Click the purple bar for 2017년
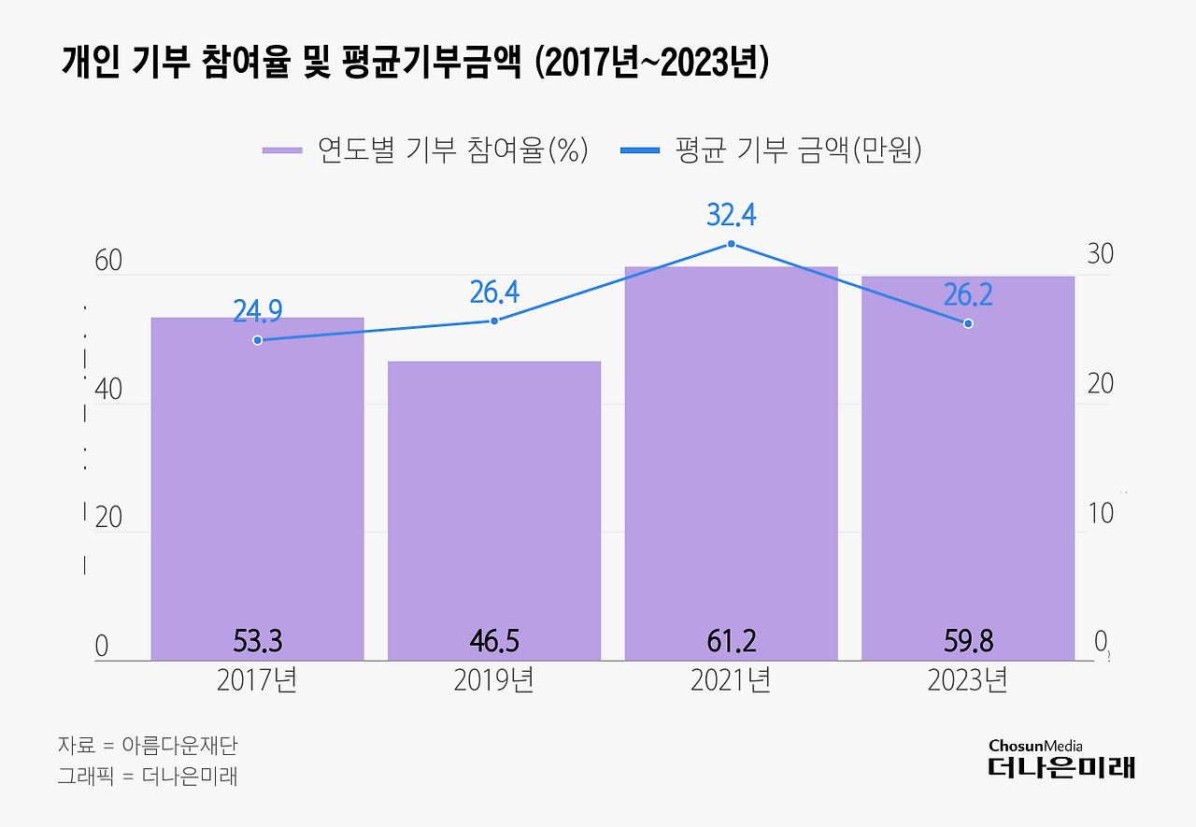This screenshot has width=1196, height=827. click(x=257, y=486)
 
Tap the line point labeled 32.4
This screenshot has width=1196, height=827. click(x=732, y=244)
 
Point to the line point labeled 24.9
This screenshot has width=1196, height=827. click(x=257, y=340)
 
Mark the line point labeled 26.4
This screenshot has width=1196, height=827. click(x=494, y=321)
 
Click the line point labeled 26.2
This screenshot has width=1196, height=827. click(x=968, y=323)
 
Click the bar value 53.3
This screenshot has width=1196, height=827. click(x=257, y=641)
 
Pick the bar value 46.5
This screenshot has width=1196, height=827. click(x=494, y=641)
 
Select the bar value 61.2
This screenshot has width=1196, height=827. click(x=732, y=641)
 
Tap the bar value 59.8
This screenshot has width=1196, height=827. click(x=968, y=641)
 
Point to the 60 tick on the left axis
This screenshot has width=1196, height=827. click(x=108, y=261)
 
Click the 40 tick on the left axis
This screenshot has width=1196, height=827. click(x=108, y=390)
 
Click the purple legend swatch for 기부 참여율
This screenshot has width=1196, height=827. click(x=282, y=150)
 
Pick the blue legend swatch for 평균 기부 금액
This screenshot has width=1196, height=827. click(x=640, y=150)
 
